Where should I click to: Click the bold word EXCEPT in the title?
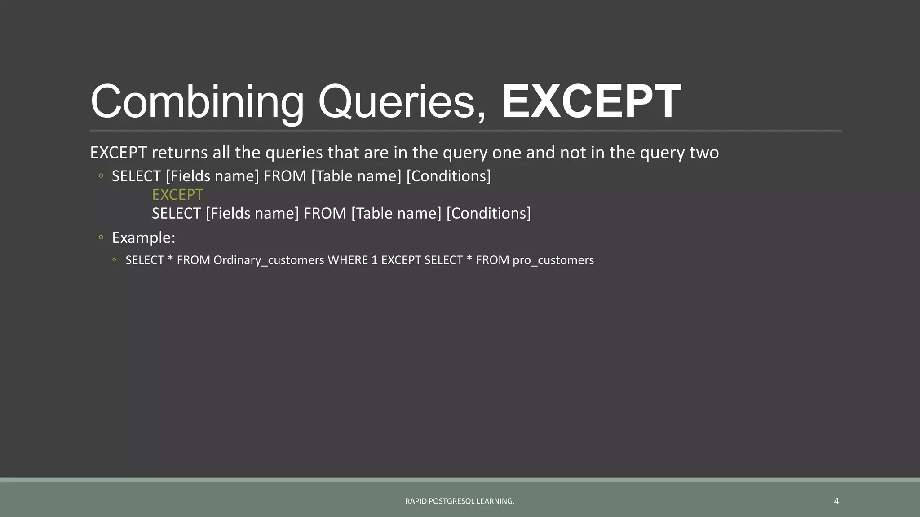pyautogui.click(x=591, y=102)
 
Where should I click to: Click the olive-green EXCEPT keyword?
pyautogui.click(x=177, y=195)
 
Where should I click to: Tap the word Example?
pyautogui.click(x=143, y=237)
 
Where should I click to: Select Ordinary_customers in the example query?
pyautogui.click(x=269, y=260)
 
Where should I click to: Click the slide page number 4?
pyautogui.click(x=836, y=501)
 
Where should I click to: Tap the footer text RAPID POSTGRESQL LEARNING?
pyautogui.click(x=460, y=501)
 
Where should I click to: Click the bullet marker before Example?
pyautogui.click(x=101, y=237)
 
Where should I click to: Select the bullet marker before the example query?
pyautogui.click(x=115, y=260)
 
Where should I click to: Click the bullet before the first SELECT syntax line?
pyautogui.click(x=101, y=175)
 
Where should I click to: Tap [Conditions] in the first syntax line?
pyautogui.click(x=448, y=176)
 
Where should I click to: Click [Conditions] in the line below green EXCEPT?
pyautogui.click(x=488, y=213)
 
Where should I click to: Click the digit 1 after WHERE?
pyautogui.click(x=375, y=260)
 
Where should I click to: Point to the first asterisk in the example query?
pyautogui.click(x=170, y=259)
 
